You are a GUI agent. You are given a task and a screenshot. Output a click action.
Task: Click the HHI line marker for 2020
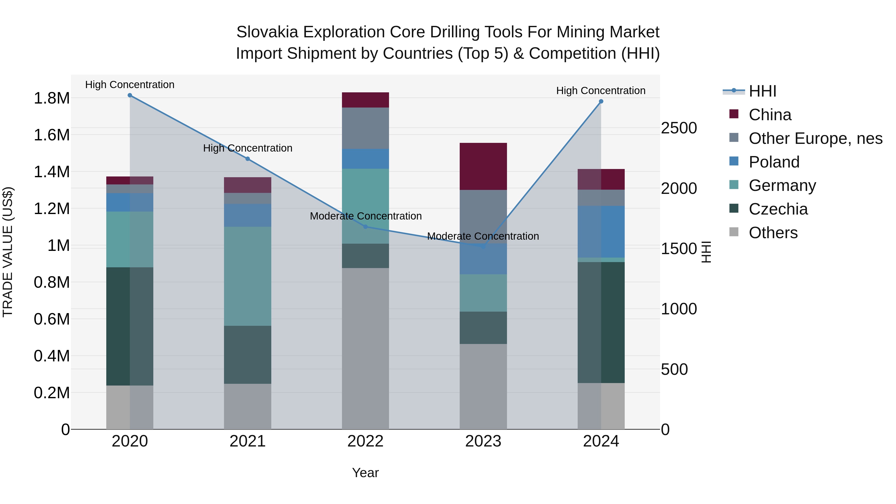[x=130, y=95]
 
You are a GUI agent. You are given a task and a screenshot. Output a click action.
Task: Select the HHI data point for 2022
[x=365, y=227]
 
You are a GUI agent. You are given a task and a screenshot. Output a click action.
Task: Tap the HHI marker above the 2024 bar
[x=601, y=102]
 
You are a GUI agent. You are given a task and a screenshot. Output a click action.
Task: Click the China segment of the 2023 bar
[x=483, y=166]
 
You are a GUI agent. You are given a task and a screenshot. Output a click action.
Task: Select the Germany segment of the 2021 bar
[x=247, y=276]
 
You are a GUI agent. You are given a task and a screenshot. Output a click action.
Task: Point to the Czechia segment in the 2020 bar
[x=130, y=326]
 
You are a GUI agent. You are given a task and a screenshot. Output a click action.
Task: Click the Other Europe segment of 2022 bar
[x=365, y=128]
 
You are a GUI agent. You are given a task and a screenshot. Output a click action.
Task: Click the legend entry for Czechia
[x=778, y=209]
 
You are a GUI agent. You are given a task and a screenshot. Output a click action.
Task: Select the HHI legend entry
[x=762, y=91]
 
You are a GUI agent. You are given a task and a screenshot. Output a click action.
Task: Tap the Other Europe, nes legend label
[x=815, y=138]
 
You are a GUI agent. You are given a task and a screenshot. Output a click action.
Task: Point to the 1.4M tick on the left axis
[x=52, y=172]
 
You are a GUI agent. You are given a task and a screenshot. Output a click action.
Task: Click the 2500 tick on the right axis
[x=679, y=128]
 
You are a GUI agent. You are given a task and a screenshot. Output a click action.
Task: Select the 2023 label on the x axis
[x=483, y=441]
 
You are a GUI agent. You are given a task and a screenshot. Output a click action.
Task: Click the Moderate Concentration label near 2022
[x=366, y=216]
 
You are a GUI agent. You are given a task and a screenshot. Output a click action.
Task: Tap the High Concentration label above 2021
[x=247, y=148]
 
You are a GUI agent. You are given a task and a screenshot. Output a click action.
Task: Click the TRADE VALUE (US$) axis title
[x=8, y=252]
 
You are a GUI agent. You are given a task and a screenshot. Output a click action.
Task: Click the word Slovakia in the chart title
[x=267, y=32]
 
